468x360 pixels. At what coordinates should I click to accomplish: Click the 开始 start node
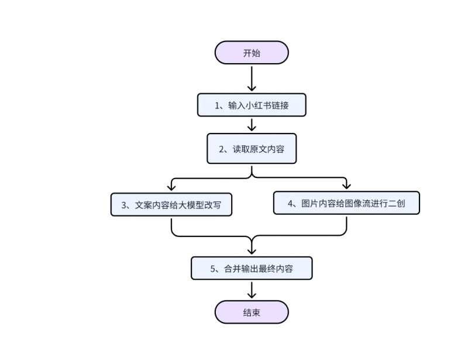(x=252, y=53)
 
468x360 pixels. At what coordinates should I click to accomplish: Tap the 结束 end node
(x=252, y=312)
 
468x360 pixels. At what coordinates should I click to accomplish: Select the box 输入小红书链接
(x=252, y=105)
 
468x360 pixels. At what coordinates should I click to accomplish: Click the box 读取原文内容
(x=252, y=149)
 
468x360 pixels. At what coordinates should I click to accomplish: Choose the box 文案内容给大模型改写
(x=171, y=205)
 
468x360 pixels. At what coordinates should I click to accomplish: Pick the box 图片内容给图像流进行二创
(x=346, y=203)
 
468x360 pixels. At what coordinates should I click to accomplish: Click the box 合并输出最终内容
(x=252, y=269)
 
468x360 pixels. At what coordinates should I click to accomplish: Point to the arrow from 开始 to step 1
(x=252, y=78)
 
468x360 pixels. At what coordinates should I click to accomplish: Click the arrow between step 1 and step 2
(x=252, y=124)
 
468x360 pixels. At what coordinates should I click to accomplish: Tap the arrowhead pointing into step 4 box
(x=346, y=186)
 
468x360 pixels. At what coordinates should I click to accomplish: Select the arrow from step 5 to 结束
(x=252, y=290)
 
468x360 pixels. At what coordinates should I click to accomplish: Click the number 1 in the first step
(x=217, y=106)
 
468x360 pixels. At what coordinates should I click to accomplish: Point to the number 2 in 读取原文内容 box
(x=222, y=149)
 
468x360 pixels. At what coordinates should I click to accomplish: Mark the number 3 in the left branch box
(x=124, y=205)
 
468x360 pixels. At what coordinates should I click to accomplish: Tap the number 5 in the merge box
(x=213, y=269)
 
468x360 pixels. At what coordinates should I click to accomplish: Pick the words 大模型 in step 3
(x=189, y=205)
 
